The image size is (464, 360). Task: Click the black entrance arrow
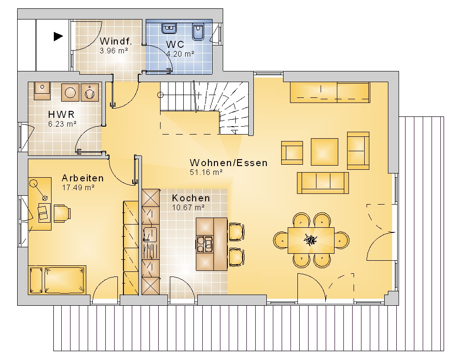pyautogui.click(x=58, y=37)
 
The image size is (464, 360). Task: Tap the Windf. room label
pyautogui.click(x=116, y=41)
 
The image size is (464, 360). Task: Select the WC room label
pyautogui.click(x=175, y=45)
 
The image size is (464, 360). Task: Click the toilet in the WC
pyautogui.click(x=198, y=32)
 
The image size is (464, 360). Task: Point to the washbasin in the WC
pyautogui.click(x=169, y=28)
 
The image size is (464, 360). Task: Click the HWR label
pyautogui.click(x=61, y=114)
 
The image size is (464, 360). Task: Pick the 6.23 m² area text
pyautogui.click(x=63, y=124)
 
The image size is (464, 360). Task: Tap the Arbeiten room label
pyautogui.click(x=83, y=178)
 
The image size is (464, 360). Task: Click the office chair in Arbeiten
pyautogui.click(x=62, y=213)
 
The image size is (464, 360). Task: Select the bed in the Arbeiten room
pyautogui.click(x=57, y=280)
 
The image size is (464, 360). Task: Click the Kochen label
pyautogui.click(x=191, y=198)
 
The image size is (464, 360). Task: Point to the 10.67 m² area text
pyautogui.click(x=188, y=207)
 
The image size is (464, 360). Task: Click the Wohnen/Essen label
pyautogui.click(x=228, y=163)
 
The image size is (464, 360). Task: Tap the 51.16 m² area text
pyautogui.click(x=206, y=172)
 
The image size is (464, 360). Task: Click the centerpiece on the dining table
pyautogui.click(x=311, y=239)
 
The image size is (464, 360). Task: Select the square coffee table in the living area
pyautogui.click(x=324, y=152)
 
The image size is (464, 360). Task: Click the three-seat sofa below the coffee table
pyautogui.click(x=323, y=183)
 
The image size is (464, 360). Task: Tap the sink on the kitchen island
pyautogui.click(x=205, y=244)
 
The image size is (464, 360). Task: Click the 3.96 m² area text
pyautogui.click(x=114, y=51)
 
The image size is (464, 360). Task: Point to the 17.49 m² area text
pyautogui.click(x=78, y=187)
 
